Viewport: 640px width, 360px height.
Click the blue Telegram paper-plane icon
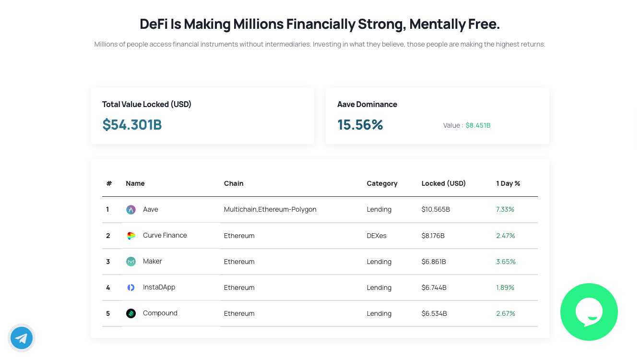[22, 338]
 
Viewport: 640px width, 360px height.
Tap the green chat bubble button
[589, 312]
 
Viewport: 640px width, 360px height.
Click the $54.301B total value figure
[132, 125]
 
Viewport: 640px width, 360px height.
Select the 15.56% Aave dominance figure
[360, 125]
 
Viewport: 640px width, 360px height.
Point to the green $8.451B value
[478, 125]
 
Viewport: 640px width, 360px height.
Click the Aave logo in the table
[131, 210]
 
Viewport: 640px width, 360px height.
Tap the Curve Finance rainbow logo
[131, 236]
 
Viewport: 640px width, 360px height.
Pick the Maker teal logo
[131, 261]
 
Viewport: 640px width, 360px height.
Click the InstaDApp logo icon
[131, 288]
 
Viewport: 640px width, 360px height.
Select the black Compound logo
[131, 313]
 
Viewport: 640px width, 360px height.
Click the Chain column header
[234, 183]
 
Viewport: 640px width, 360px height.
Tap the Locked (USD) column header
[443, 183]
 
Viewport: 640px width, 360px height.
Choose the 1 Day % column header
[508, 183]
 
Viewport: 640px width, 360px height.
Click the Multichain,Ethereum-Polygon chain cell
[270, 209]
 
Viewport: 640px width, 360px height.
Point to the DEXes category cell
[376, 236]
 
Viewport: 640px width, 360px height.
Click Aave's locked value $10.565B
[436, 209]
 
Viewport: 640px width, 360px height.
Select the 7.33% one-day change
[505, 209]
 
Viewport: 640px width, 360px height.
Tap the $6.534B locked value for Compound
[434, 313]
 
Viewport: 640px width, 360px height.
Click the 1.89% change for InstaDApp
[505, 288]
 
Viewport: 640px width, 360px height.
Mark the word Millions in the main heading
[258, 24]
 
